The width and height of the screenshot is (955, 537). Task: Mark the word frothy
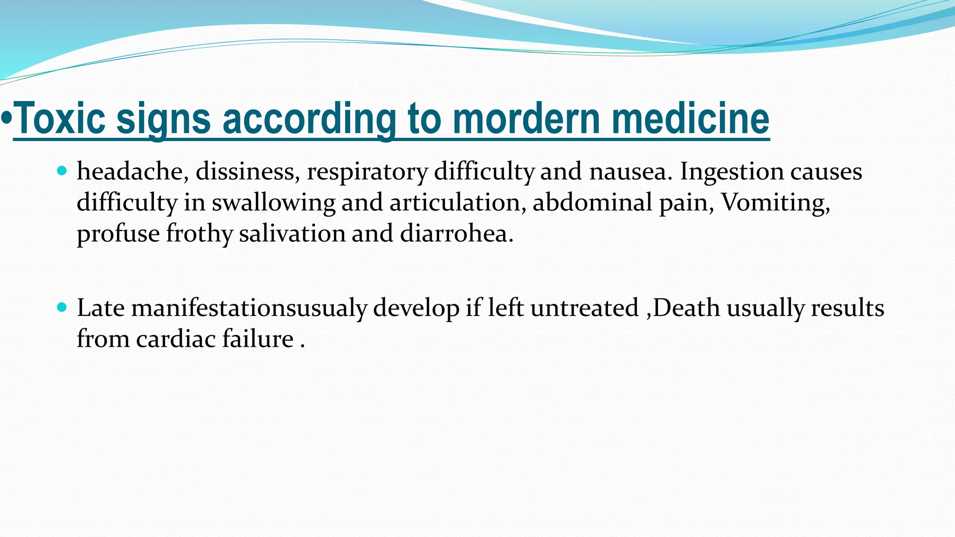click(x=199, y=234)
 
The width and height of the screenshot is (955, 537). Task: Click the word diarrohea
click(x=457, y=233)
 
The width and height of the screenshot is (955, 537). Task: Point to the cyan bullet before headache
click(x=62, y=171)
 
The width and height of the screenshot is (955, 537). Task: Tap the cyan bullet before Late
click(x=62, y=307)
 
